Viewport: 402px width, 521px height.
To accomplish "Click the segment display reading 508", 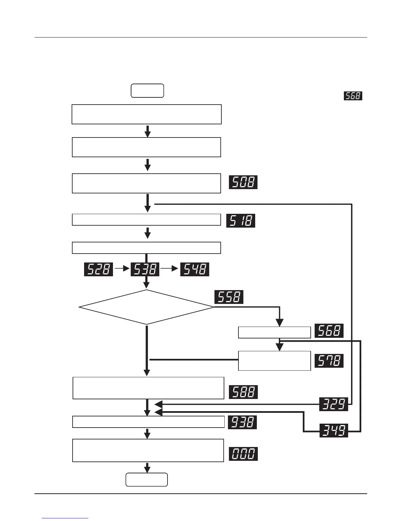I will [243, 182].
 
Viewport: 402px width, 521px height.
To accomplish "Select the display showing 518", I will [240, 220].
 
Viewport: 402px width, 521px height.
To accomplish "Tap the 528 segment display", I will [99, 269].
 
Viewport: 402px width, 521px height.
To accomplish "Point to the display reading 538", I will [145, 269].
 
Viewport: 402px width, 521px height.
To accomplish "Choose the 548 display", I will [194, 269].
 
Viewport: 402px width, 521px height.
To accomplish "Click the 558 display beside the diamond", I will [229, 297].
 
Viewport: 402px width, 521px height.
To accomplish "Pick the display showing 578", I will [329, 361].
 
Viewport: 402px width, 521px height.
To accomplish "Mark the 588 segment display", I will [243, 392].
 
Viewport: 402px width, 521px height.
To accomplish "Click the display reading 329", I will [333, 404].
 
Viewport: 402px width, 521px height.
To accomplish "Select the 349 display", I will [333, 431].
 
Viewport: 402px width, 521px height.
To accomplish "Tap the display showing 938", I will [242, 422].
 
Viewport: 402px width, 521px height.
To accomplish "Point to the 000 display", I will [243, 454].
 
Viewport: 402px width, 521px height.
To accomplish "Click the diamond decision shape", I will [146, 307].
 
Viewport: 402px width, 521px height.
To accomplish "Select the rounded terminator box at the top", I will [147, 91].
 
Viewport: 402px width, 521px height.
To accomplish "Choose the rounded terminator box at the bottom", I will [146, 480].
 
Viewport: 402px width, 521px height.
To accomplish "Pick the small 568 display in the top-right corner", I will [353, 96].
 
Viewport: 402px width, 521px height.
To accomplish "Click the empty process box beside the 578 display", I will [274, 361].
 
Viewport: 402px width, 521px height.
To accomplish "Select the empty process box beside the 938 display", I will [148, 422].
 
